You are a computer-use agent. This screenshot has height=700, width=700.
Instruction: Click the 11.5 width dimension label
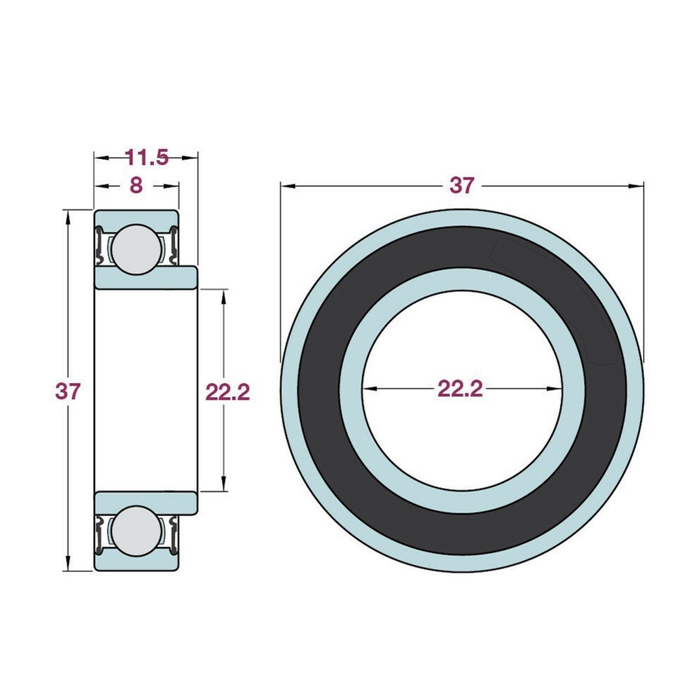(146, 157)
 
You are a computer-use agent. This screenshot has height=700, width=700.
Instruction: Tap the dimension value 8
(136, 185)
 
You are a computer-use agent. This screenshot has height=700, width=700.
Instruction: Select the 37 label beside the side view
(68, 391)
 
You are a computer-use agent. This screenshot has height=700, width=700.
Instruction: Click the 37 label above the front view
(461, 185)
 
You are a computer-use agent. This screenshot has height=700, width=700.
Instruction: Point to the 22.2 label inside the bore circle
(460, 388)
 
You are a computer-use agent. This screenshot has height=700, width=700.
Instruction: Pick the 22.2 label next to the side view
(227, 391)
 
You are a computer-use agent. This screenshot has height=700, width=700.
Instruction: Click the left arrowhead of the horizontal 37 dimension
(286, 186)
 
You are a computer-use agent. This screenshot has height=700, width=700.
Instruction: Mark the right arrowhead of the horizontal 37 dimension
(637, 186)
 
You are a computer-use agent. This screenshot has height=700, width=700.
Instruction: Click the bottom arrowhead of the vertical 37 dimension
(68, 566)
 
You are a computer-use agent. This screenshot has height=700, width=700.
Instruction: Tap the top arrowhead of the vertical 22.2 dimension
(223, 295)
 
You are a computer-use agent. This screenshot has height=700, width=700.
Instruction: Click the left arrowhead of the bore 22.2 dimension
(368, 389)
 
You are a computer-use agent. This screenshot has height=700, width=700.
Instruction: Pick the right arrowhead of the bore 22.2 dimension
(556, 389)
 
